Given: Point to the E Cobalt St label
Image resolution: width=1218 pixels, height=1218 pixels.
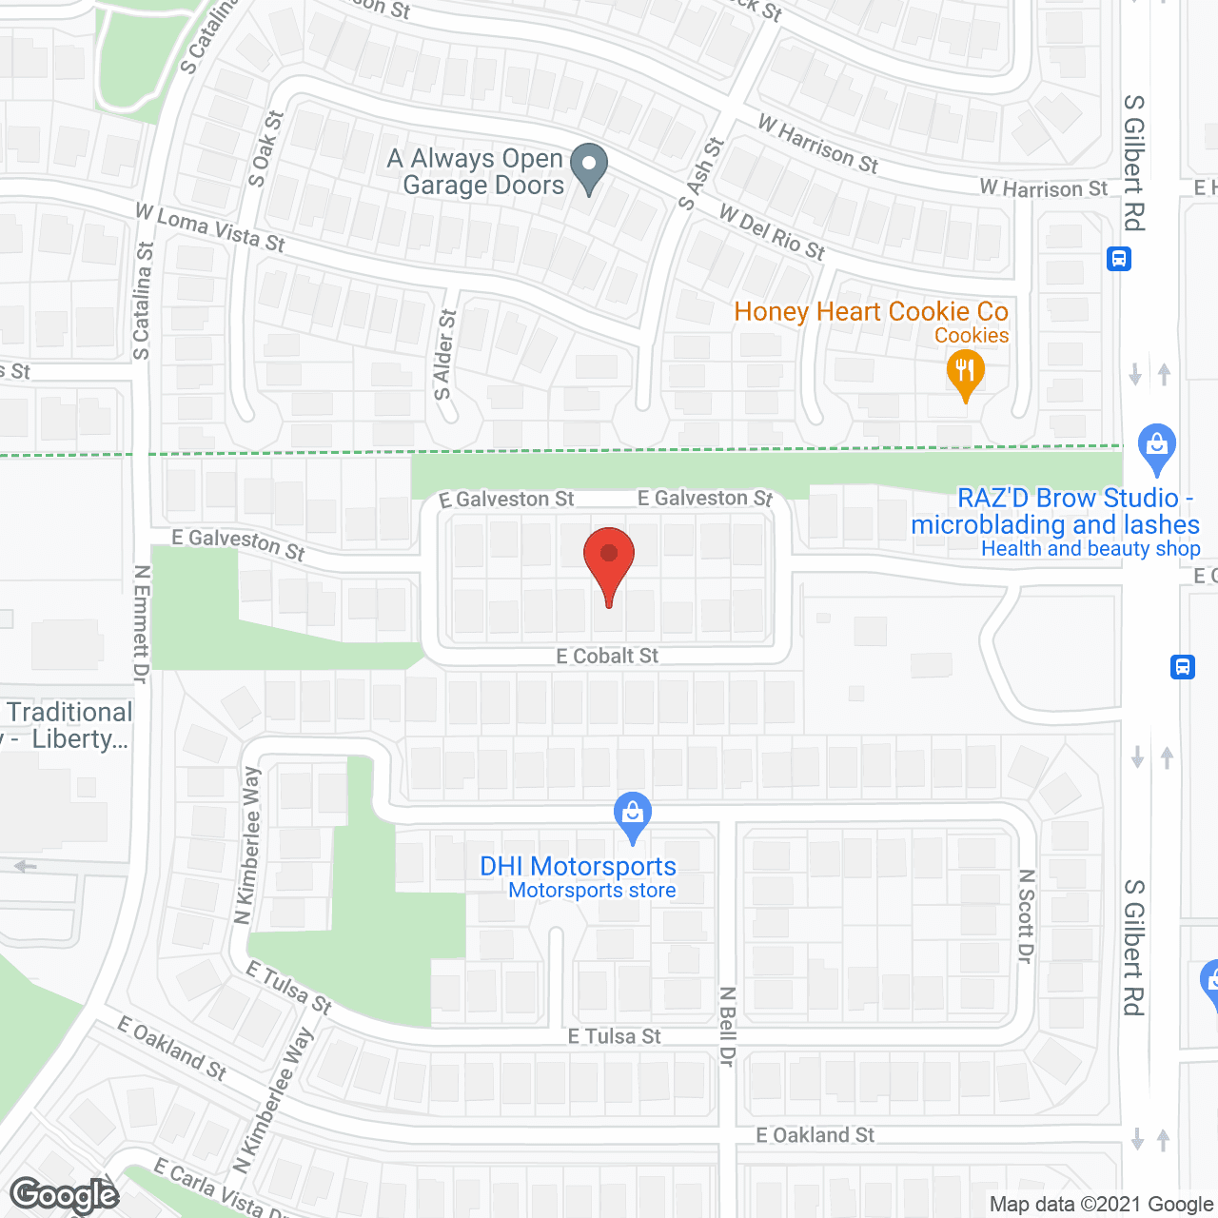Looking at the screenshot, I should tap(607, 656).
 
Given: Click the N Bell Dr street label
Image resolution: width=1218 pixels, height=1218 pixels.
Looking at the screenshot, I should tap(728, 1026).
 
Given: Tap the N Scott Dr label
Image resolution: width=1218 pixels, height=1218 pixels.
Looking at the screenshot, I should tap(1026, 915).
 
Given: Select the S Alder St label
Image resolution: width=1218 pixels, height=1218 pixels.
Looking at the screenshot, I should tap(444, 355).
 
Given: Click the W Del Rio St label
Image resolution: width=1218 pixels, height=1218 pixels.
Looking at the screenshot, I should tap(772, 232).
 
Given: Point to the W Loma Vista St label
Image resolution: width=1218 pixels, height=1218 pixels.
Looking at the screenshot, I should tap(210, 227).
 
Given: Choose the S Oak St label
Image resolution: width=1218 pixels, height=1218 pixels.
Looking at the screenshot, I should tap(266, 148).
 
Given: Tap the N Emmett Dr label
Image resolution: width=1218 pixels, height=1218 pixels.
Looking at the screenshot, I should tap(142, 624).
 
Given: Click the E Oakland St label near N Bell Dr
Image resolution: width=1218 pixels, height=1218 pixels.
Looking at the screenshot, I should tap(815, 1135).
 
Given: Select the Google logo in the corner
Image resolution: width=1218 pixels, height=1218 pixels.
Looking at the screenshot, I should tap(65, 1194).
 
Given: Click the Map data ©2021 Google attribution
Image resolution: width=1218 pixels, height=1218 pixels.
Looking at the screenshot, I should tap(1101, 1205).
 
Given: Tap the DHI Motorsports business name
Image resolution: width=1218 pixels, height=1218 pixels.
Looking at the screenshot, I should tap(578, 866).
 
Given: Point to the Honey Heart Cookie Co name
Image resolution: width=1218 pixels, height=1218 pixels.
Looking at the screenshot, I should tap(871, 311).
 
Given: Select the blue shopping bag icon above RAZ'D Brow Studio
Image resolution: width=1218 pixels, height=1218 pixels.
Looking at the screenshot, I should tap(1157, 446).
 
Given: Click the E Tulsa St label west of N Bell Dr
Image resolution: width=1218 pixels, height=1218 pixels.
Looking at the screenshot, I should tap(614, 1036).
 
